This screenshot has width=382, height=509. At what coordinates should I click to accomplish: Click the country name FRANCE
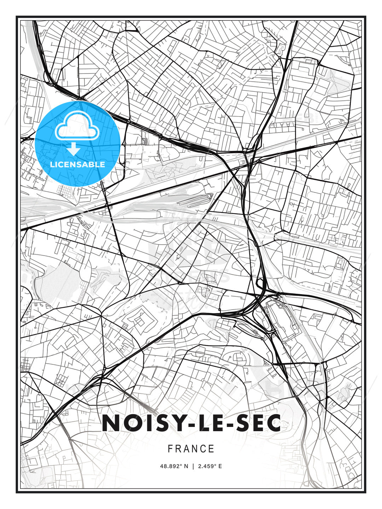(191, 449)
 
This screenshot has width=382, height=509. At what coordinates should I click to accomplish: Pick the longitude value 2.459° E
(210, 466)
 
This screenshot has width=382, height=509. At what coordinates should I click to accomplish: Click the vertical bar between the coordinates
(193, 466)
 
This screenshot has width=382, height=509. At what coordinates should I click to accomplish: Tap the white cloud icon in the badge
(77, 126)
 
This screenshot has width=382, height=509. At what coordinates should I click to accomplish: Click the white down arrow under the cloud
(74, 149)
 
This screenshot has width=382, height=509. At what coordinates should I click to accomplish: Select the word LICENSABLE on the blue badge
(77, 164)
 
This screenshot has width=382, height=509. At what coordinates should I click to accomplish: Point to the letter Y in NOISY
(177, 423)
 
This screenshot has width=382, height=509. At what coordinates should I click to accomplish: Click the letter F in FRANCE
(170, 449)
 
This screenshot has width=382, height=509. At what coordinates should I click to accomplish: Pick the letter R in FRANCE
(178, 449)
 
